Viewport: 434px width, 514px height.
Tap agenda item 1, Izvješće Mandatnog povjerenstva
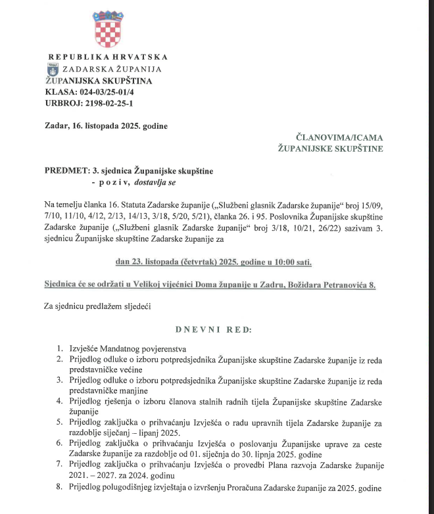coord(130,348)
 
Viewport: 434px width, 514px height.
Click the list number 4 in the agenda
coord(60,400)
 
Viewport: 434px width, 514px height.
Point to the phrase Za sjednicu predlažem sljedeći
coord(97,306)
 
